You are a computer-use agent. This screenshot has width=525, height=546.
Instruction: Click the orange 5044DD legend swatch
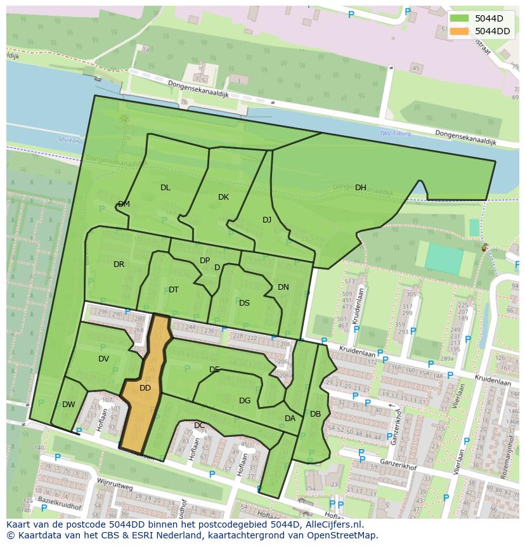460,31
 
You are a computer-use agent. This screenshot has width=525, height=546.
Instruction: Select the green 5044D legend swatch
460,18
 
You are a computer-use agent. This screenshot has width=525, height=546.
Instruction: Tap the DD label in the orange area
145,388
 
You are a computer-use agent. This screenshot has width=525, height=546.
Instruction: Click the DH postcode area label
361,188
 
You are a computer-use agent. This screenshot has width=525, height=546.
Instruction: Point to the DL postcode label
165,188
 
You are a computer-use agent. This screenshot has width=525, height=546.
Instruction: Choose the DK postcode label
223,197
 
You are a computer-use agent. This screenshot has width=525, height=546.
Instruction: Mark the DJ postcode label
267,220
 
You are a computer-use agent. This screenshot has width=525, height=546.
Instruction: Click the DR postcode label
119,264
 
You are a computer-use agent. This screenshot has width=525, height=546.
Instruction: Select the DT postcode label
174,290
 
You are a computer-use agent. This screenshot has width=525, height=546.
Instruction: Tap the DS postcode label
244,303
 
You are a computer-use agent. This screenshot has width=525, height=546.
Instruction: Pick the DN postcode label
283,287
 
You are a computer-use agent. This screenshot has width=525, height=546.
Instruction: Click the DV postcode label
104,359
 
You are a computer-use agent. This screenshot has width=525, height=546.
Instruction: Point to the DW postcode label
68,405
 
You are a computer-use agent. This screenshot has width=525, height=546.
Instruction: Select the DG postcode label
245,401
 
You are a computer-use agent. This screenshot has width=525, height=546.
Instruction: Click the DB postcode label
315,414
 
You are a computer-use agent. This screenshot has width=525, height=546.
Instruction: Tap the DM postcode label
124,204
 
